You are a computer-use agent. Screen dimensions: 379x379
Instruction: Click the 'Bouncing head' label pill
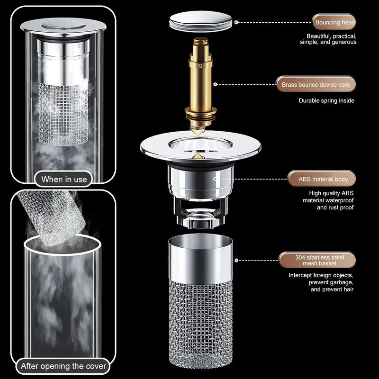[334, 22]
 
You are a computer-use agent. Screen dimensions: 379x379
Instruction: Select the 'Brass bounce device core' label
[316, 85]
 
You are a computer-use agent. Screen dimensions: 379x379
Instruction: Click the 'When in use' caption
[64, 179]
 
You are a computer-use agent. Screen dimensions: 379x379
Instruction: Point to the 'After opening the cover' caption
[64, 366]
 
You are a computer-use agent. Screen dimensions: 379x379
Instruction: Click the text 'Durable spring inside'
[326, 100]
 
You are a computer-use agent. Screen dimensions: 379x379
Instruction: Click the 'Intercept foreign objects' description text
[321, 282]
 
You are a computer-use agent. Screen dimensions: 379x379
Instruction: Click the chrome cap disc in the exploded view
[201, 22]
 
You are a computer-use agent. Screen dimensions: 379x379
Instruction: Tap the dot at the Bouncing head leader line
[236, 22]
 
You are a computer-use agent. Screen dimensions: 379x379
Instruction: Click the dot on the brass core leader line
[216, 85]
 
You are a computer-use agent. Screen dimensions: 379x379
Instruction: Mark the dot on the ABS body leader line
[216, 179]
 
